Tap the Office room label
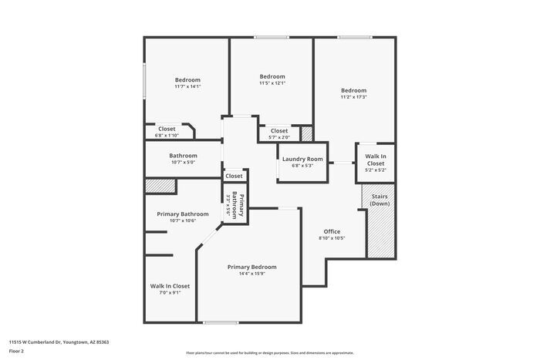click(332, 231)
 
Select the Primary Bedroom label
click(251, 267)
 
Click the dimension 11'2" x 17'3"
click(353, 97)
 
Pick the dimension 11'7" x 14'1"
click(187, 87)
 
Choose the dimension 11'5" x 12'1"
click(272, 83)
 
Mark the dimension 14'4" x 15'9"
click(251, 274)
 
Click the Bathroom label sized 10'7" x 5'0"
click(184, 156)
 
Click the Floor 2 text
click(16, 351)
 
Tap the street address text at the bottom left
click(59, 341)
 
